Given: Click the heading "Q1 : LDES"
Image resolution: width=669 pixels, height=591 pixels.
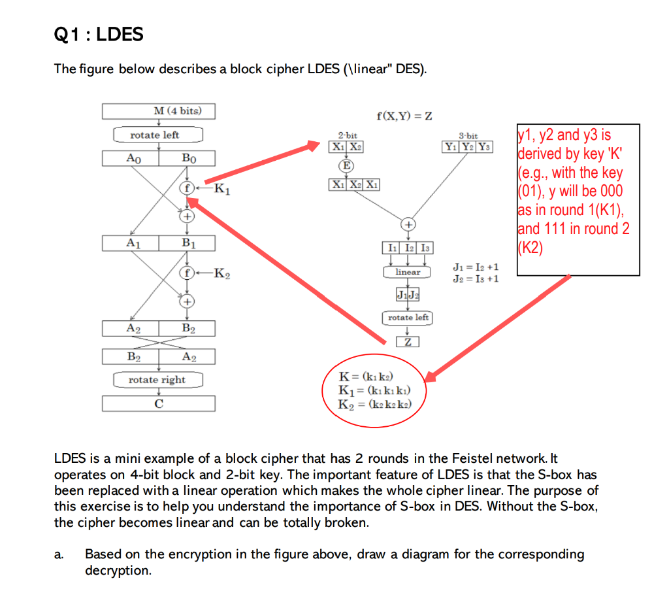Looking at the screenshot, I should (x=98, y=34).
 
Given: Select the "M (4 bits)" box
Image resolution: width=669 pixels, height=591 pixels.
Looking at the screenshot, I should (x=159, y=111).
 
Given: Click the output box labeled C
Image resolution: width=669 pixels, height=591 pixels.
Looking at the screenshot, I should (x=159, y=403).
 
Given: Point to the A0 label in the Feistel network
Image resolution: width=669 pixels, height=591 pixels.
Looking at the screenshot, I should (x=133, y=158).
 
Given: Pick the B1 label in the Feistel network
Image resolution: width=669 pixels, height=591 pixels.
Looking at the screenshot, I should (x=188, y=244).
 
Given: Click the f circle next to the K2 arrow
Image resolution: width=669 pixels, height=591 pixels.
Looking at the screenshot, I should (x=187, y=273).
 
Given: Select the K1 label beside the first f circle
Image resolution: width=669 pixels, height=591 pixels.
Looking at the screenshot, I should (x=221, y=191).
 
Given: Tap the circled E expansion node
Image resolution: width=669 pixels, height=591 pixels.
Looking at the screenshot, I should (x=345, y=165).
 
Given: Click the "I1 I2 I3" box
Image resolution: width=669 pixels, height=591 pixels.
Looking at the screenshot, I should (x=408, y=248).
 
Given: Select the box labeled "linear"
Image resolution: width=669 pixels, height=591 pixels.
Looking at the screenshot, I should (x=408, y=271).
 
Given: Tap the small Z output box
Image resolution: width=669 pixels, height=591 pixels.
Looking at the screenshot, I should (x=407, y=342).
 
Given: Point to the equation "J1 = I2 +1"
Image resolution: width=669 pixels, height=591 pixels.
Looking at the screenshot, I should (x=476, y=267).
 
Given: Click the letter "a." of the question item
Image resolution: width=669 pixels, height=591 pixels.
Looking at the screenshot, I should (x=59, y=555).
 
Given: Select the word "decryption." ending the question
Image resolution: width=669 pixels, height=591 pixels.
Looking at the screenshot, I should (x=118, y=571).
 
